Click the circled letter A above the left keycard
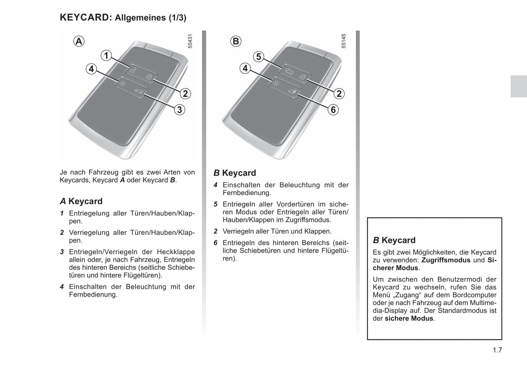pos(79,41)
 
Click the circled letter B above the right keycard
pos(236,41)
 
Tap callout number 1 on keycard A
pos(106,56)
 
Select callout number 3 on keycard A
pos(179,110)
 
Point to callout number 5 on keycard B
pos(259,57)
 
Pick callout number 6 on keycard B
pos(333,110)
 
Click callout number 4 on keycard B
pos(245,68)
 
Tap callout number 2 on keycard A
pos(185,94)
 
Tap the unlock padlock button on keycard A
pos(133,70)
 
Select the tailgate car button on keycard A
pos(138,92)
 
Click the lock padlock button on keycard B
pos(302,77)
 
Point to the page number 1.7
pos(497,350)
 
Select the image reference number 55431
pos(190,42)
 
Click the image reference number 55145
pos(344,42)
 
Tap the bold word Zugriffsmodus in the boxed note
pos(446,260)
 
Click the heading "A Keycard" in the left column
pos(81,201)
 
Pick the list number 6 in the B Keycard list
pos(216,243)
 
